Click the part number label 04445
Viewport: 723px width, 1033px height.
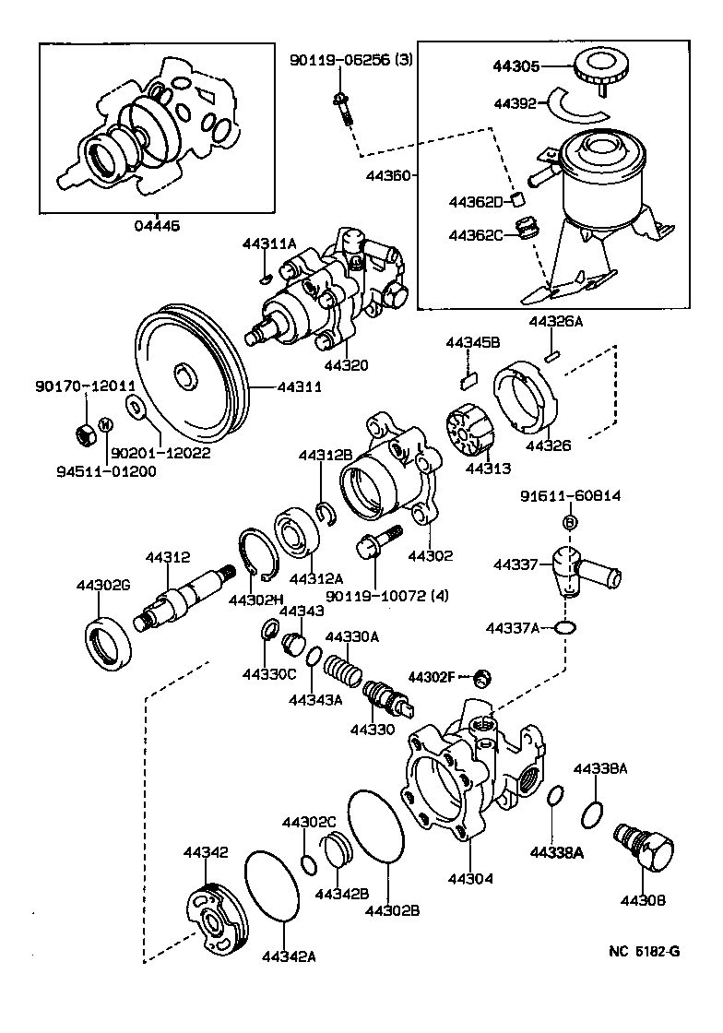click(x=157, y=225)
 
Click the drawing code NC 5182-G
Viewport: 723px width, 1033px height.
click(x=644, y=953)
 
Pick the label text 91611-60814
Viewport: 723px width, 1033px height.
click(x=569, y=496)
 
